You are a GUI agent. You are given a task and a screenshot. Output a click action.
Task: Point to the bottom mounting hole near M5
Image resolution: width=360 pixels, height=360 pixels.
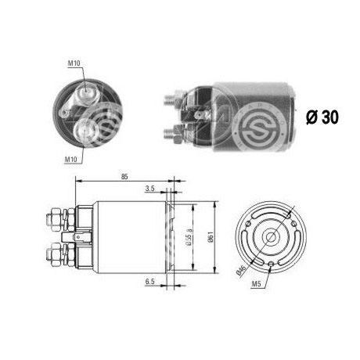pyautogui.click(x=268, y=266)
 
